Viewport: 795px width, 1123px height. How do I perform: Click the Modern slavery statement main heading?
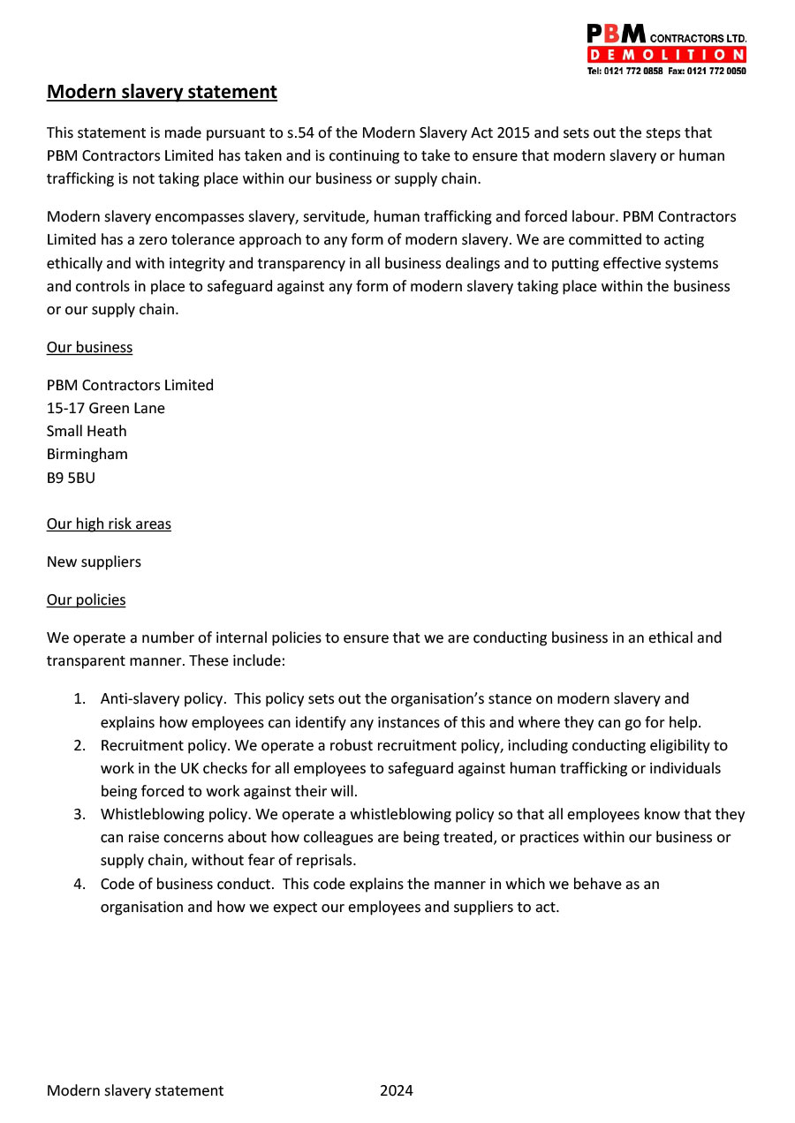pos(162,92)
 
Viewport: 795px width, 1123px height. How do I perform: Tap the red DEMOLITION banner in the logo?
pos(666,56)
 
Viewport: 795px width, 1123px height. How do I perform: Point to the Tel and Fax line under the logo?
pos(666,71)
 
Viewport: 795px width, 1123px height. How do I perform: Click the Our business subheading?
pos(89,347)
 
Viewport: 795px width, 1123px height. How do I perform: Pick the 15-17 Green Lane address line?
pos(106,408)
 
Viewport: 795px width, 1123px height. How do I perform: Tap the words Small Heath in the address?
pos(87,431)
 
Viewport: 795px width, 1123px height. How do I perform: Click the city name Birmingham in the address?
pos(87,454)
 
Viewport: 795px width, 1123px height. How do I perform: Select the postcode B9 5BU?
pos(71,478)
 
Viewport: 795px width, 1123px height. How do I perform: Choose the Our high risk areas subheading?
pos(109,524)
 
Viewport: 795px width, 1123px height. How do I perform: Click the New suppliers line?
pos(94,561)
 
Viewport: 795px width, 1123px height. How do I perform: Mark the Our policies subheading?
pos(86,599)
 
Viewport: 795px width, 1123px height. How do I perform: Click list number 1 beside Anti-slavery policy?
pos(79,699)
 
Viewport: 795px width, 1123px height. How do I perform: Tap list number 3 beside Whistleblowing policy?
pos(79,814)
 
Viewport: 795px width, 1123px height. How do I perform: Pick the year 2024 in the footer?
pos(397,1090)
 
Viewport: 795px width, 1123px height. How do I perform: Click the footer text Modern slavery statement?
pos(135,1090)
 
